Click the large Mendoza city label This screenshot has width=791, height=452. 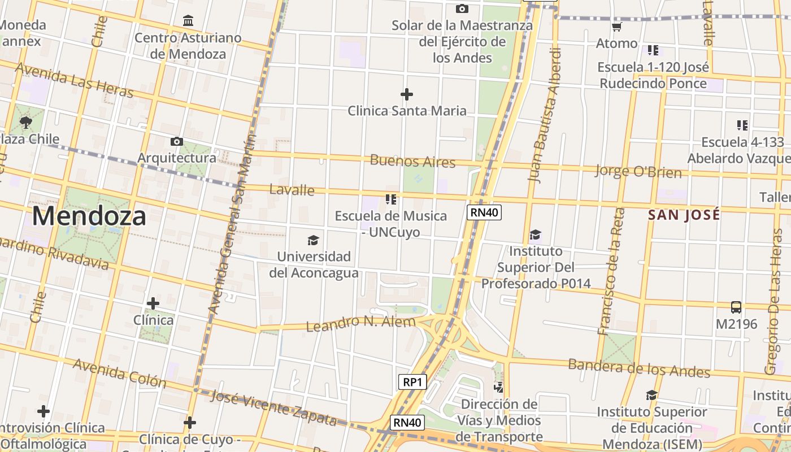89,216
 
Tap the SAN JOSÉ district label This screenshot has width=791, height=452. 684,215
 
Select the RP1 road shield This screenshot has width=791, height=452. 412,382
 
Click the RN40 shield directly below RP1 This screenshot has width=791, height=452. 407,422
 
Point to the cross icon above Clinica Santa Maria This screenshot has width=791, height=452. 406,94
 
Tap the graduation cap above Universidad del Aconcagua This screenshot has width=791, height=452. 313,241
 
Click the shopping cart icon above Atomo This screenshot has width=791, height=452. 616,27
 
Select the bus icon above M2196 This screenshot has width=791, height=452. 736,307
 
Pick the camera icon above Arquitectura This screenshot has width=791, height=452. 176,141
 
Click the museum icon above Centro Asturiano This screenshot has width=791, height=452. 188,21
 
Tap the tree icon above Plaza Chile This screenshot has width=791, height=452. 25,122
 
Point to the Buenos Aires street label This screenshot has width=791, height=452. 412,162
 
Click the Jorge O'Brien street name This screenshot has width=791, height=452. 638,170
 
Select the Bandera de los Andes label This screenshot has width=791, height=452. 639,368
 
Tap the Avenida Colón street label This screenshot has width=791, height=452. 120,373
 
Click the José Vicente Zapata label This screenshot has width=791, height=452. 273,407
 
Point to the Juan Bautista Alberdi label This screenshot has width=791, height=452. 545,115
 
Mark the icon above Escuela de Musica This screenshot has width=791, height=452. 390,199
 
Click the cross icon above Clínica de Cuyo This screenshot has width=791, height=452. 190,423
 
